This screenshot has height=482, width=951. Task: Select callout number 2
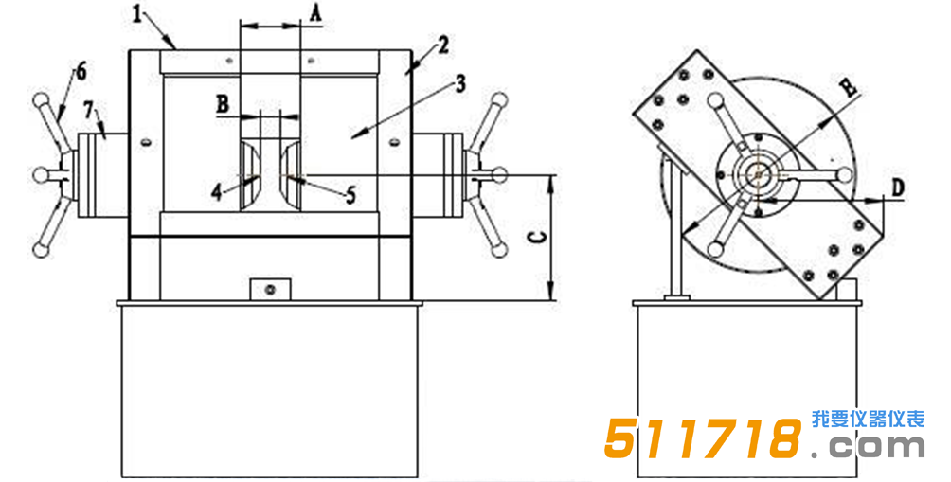click(x=443, y=45)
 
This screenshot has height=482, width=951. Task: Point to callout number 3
click(x=460, y=83)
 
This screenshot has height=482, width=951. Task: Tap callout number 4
click(x=217, y=193)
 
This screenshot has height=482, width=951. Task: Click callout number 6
click(x=81, y=72)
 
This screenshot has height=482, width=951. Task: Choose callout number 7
click(x=88, y=112)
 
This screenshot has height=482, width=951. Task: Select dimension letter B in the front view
click(x=224, y=104)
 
